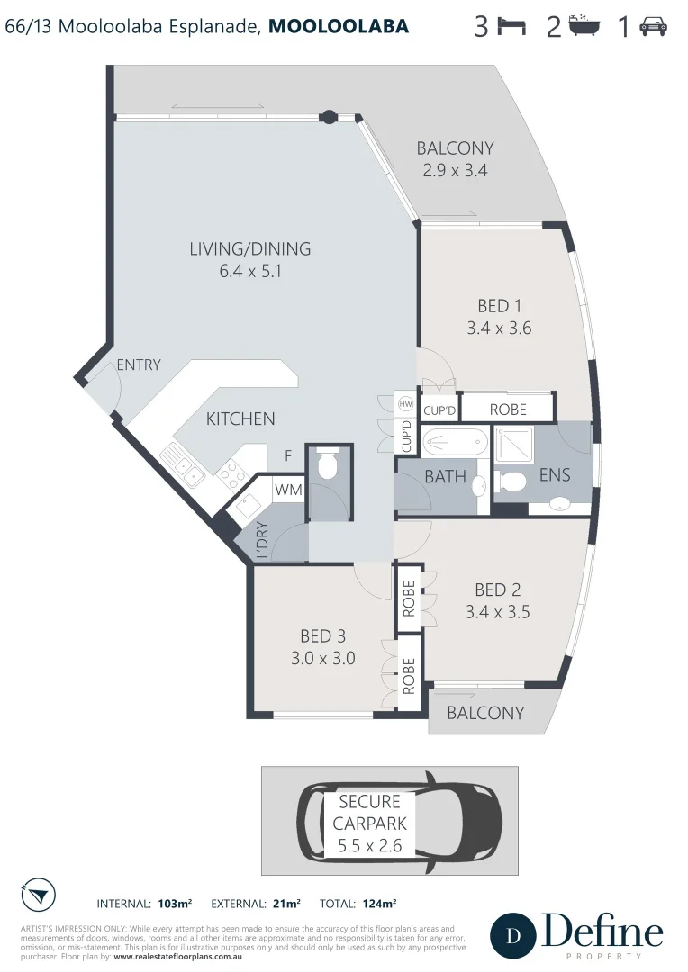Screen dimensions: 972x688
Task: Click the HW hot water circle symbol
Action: (x=405, y=404)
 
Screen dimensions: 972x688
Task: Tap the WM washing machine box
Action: (x=287, y=490)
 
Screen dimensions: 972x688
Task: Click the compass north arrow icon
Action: (x=36, y=895)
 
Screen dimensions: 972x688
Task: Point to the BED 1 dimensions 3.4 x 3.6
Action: (x=499, y=328)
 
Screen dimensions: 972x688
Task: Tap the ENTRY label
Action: (x=138, y=364)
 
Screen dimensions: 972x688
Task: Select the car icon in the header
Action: (x=653, y=28)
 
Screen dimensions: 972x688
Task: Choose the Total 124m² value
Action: (x=379, y=903)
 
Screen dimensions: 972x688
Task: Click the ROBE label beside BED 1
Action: (x=507, y=409)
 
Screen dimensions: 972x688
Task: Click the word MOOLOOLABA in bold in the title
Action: (x=339, y=27)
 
